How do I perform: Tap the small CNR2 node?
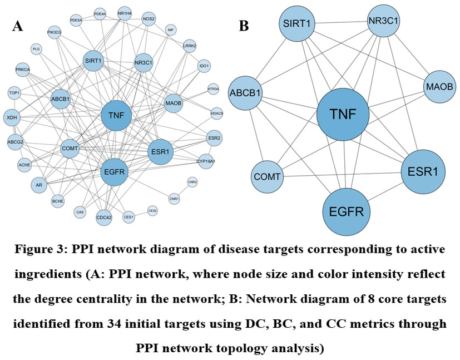192,183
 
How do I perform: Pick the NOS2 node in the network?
149,19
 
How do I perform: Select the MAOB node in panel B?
440,87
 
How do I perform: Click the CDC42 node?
104,217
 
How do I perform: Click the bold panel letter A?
18,26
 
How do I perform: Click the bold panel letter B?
244,26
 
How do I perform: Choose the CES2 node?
152,210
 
